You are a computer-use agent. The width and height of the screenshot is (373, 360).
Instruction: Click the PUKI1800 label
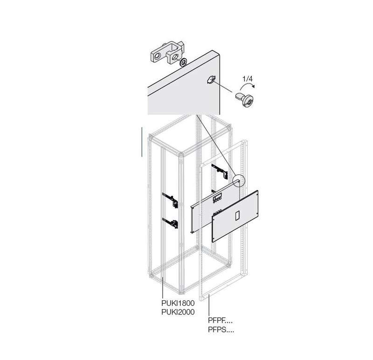[x=178, y=303]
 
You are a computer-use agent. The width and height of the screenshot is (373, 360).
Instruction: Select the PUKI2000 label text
[x=178, y=312]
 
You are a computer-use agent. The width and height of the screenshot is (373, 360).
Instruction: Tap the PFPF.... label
[x=220, y=321]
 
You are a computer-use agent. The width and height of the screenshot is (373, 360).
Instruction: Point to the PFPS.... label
[x=221, y=330]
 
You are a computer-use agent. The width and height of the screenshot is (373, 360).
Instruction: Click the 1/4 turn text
[x=248, y=79]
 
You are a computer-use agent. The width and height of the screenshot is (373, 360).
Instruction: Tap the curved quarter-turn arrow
[x=248, y=85]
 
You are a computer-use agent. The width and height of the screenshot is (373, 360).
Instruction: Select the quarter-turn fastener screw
[x=244, y=99]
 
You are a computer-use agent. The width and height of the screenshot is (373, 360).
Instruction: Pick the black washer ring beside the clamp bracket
[x=183, y=62]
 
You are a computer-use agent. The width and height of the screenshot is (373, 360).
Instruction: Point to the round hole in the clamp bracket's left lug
[x=157, y=56]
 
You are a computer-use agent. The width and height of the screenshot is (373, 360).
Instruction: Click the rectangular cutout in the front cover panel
[x=237, y=215]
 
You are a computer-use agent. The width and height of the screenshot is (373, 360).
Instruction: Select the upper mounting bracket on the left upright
[x=170, y=200]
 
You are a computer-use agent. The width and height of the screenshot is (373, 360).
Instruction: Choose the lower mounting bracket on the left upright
[x=170, y=223]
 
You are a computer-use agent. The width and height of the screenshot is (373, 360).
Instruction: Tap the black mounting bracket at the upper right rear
[x=220, y=171]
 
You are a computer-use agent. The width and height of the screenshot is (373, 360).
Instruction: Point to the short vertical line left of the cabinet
[x=142, y=142]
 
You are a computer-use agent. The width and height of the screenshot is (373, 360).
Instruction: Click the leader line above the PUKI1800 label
[x=162, y=287]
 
